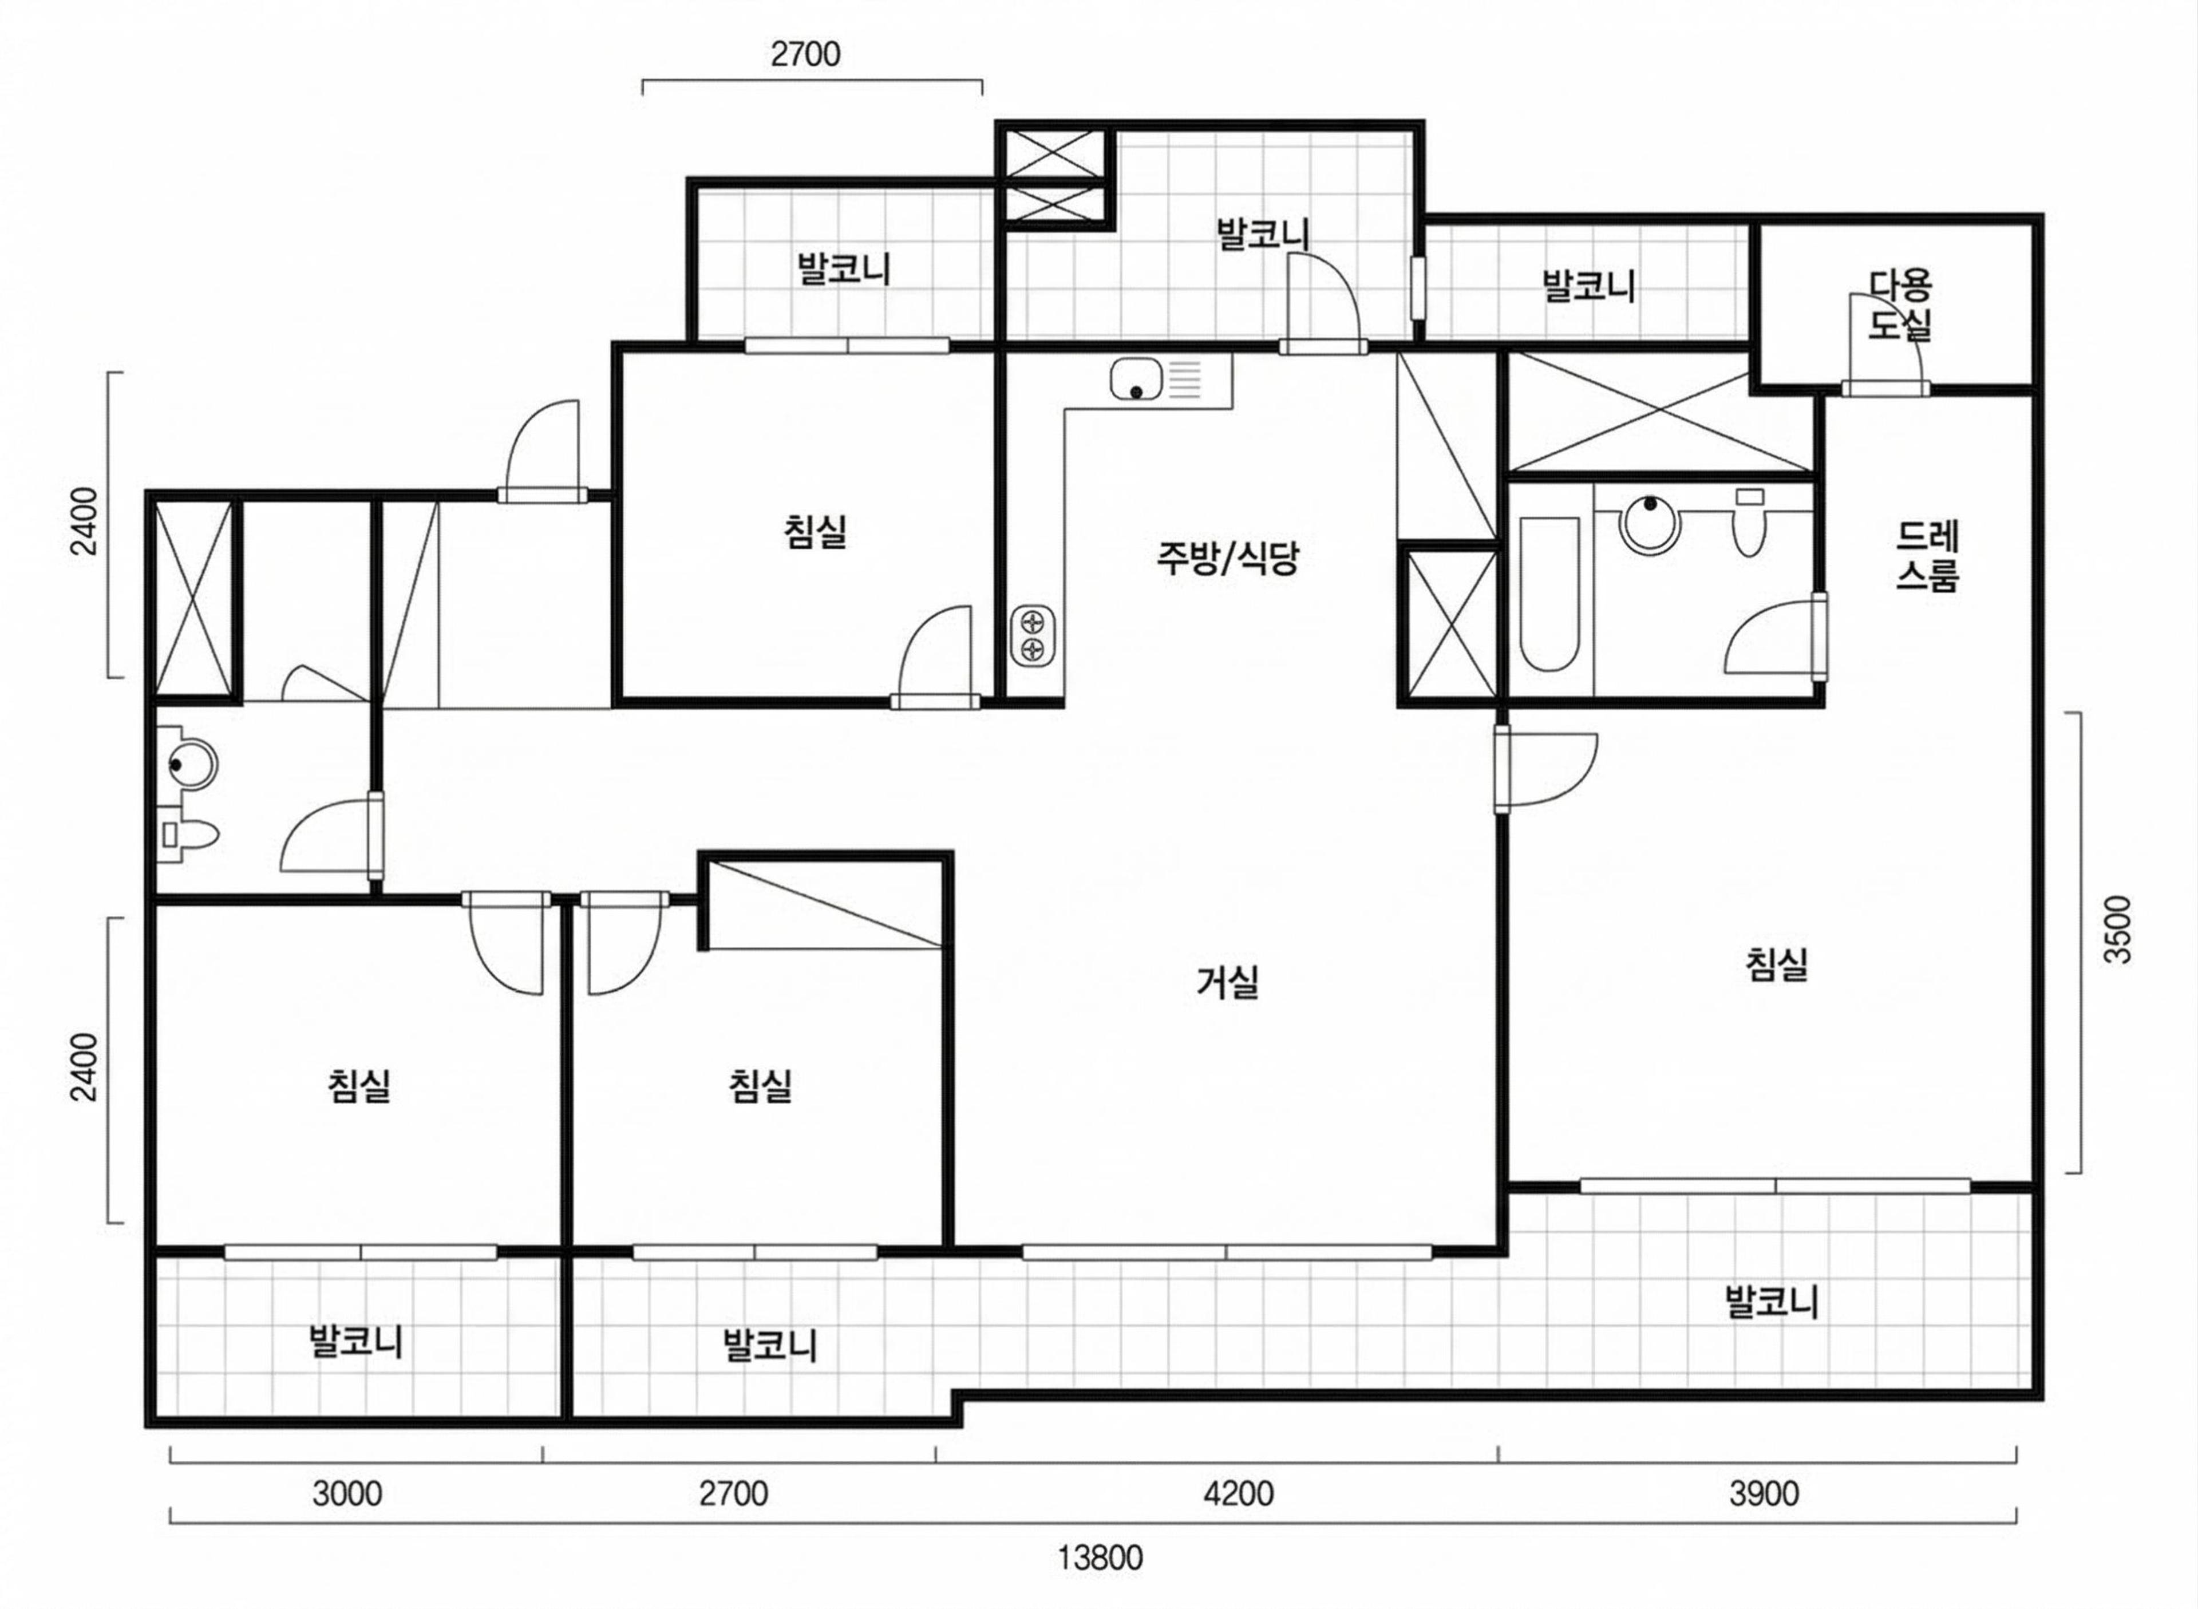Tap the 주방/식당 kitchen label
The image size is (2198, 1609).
click(1227, 559)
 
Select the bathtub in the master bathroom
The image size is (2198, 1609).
click(1549, 594)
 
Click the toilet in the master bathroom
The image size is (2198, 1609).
click(1749, 521)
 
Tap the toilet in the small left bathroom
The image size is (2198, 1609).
click(190, 834)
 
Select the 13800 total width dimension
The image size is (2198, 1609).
click(1101, 1557)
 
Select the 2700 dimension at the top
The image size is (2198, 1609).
click(805, 54)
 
